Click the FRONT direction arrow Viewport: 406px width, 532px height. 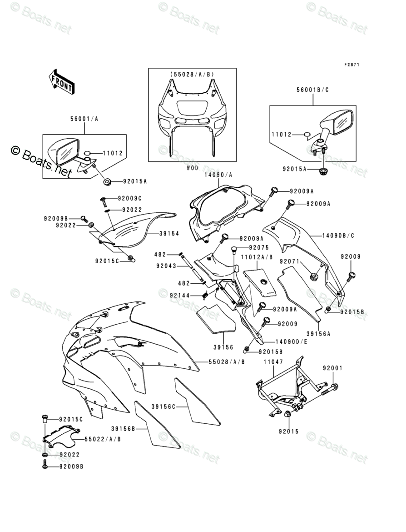[x=61, y=81]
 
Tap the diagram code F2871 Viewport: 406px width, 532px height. [x=351, y=65]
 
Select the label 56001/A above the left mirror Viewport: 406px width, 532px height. [x=84, y=119]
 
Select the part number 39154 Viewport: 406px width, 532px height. [x=169, y=233]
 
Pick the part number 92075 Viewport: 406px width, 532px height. [x=259, y=248]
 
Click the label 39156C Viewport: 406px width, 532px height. [x=163, y=406]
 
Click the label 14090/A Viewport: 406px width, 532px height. [x=218, y=175]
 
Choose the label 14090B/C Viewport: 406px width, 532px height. [x=338, y=236]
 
